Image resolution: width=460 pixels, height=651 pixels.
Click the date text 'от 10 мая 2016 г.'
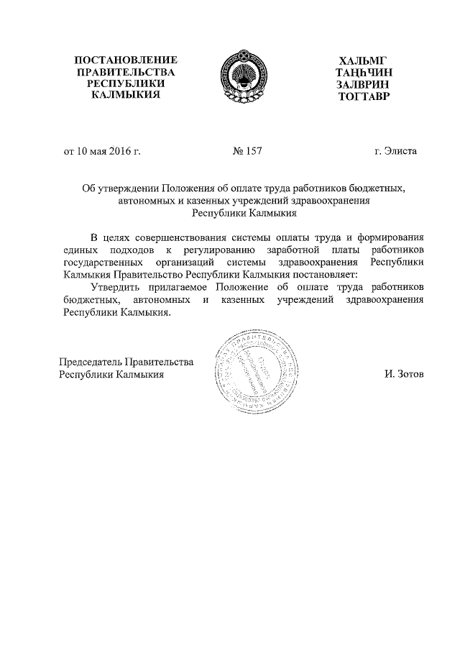click(102, 152)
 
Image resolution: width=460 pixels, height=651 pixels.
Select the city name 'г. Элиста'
click(395, 152)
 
